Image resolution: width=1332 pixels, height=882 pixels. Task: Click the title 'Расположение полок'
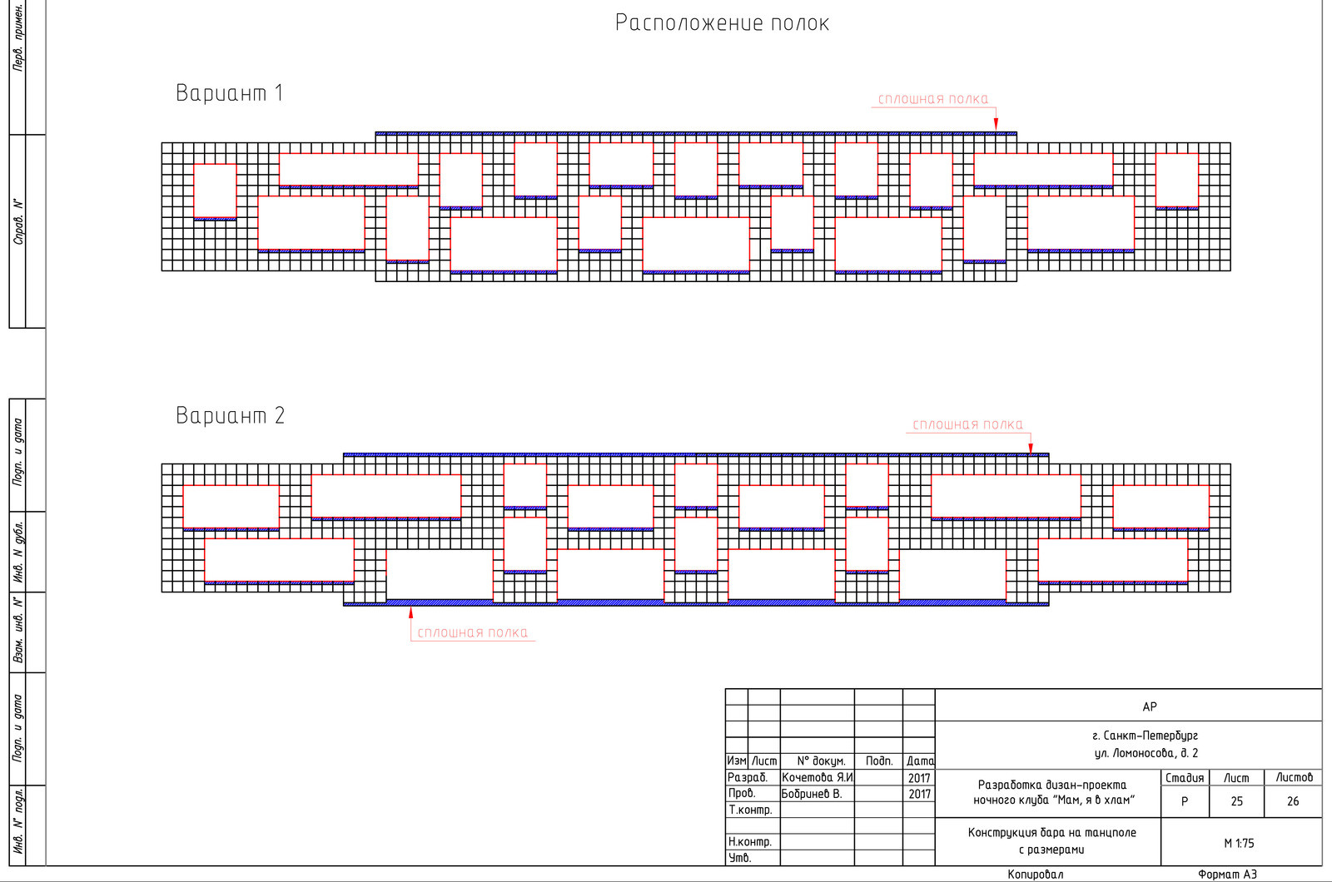(722, 23)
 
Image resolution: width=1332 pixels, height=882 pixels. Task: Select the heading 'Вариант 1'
(230, 93)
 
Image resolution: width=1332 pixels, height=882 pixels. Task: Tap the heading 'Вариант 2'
(230, 415)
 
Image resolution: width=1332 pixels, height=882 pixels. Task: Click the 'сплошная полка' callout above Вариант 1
(933, 99)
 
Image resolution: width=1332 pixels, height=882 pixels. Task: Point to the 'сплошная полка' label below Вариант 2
(472, 632)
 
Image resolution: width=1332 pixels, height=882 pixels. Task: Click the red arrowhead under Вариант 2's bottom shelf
(411, 612)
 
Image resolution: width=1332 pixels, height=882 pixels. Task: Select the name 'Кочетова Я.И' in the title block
(817, 777)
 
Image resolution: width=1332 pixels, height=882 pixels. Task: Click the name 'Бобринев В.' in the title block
(812, 794)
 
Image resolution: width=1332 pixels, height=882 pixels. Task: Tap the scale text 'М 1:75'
(1239, 844)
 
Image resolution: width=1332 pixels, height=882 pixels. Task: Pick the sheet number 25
(1237, 801)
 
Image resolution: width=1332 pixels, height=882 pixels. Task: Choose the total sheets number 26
(1293, 801)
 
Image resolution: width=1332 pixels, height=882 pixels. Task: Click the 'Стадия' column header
(1185, 778)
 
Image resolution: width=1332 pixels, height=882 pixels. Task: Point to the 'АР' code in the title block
(1150, 706)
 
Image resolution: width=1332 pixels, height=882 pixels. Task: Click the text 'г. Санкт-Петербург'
(1146, 736)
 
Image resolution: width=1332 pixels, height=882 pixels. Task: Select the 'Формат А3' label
(1227, 875)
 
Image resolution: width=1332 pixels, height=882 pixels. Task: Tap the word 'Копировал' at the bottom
(1036, 875)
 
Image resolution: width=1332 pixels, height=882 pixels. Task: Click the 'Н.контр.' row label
(750, 841)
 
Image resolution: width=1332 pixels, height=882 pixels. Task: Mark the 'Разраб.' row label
(748, 777)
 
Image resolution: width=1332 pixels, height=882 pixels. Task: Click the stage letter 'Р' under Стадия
(1185, 801)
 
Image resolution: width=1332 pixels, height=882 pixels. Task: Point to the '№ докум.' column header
(821, 761)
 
